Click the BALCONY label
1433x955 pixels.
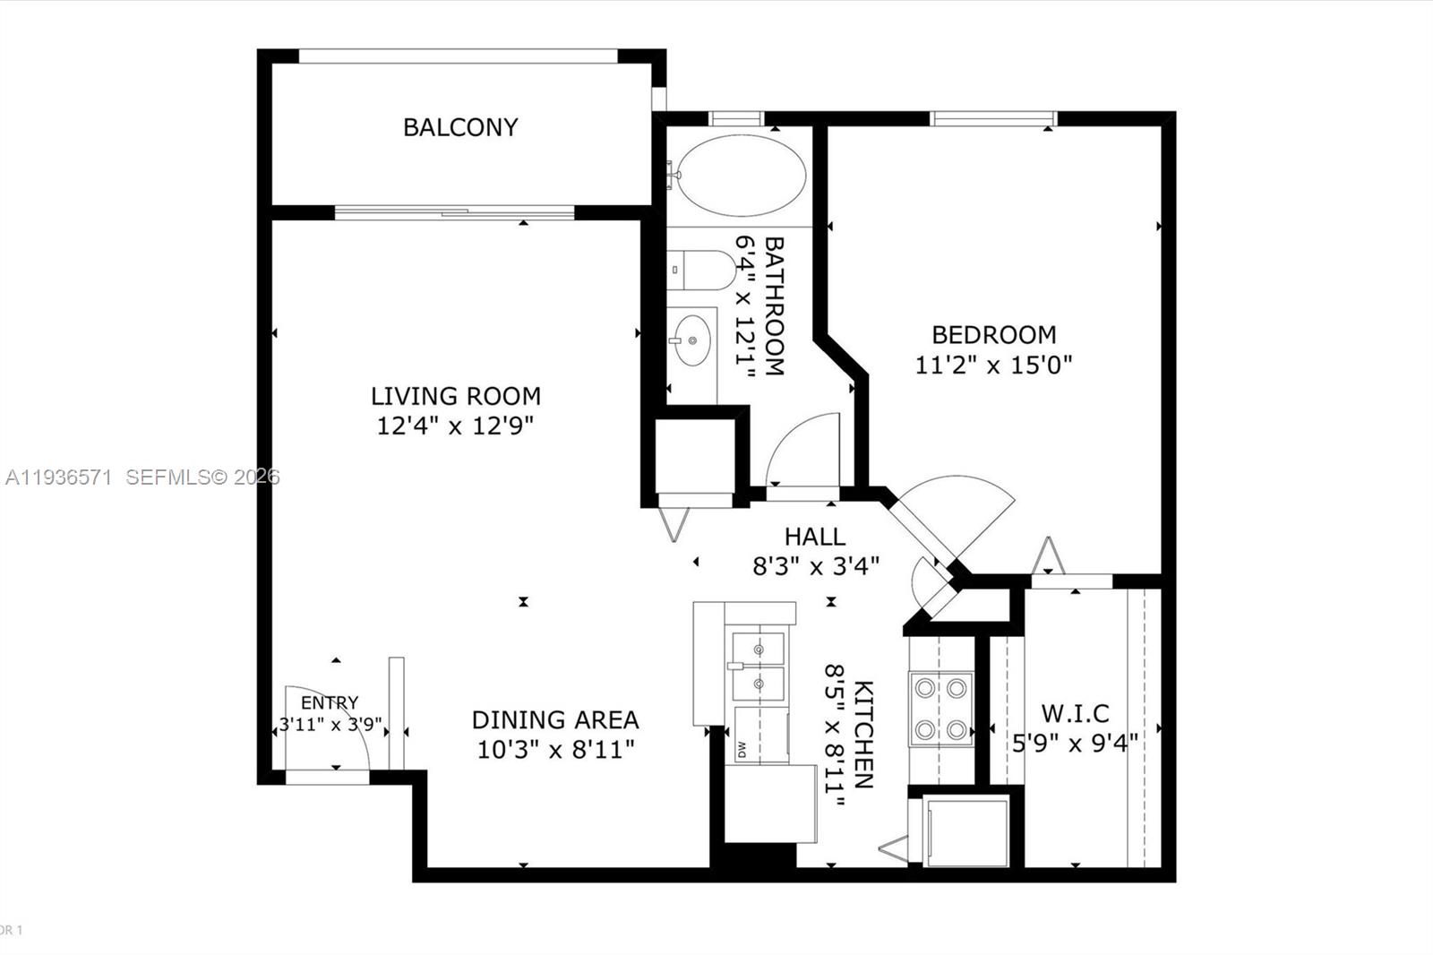[460, 127]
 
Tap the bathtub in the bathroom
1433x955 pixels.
[741, 176]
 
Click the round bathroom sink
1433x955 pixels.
[692, 341]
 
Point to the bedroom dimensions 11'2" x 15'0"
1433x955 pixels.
[993, 365]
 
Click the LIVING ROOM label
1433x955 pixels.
[455, 395]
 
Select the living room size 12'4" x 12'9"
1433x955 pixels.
[455, 426]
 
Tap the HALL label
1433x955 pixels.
[814, 537]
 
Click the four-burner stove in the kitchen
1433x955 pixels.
[941, 709]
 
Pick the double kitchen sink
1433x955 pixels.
[758, 666]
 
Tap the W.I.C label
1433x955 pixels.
[1075, 713]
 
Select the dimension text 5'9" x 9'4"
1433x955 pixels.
[1075, 743]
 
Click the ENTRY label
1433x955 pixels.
[330, 702]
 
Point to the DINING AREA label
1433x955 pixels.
[555, 719]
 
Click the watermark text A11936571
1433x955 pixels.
[58, 477]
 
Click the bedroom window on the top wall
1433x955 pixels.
[993, 118]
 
